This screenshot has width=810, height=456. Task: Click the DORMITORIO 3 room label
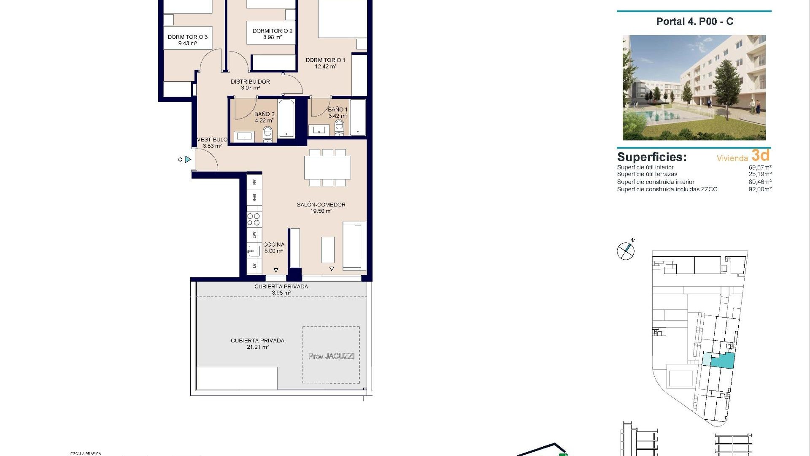click(187, 37)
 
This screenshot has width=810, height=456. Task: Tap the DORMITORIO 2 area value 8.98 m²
click(272, 37)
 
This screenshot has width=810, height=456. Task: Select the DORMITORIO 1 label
click(325, 60)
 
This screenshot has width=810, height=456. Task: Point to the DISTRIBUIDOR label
click(250, 81)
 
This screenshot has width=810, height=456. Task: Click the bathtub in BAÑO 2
click(287, 118)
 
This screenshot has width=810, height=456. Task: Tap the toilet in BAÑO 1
click(339, 127)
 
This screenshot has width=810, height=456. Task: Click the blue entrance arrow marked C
click(188, 159)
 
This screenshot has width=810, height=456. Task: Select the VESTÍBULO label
click(212, 139)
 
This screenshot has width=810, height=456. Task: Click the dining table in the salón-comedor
click(327, 168)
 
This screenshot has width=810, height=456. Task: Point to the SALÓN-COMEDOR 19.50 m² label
click(321, 207)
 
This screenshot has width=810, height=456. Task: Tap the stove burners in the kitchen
click(254, 219)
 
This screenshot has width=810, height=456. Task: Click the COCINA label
click(273, 244)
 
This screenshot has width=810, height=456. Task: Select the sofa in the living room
click(354, 246)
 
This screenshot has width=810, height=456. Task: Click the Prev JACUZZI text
click(331, 356)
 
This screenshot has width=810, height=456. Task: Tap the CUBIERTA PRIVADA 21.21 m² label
click(257, 343)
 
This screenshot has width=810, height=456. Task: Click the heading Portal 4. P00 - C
click(694, 22)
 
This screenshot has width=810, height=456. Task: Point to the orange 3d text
click(760, 155)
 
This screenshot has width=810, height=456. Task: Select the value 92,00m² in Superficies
click(760, 189)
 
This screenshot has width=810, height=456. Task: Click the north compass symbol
click(626, 251)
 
